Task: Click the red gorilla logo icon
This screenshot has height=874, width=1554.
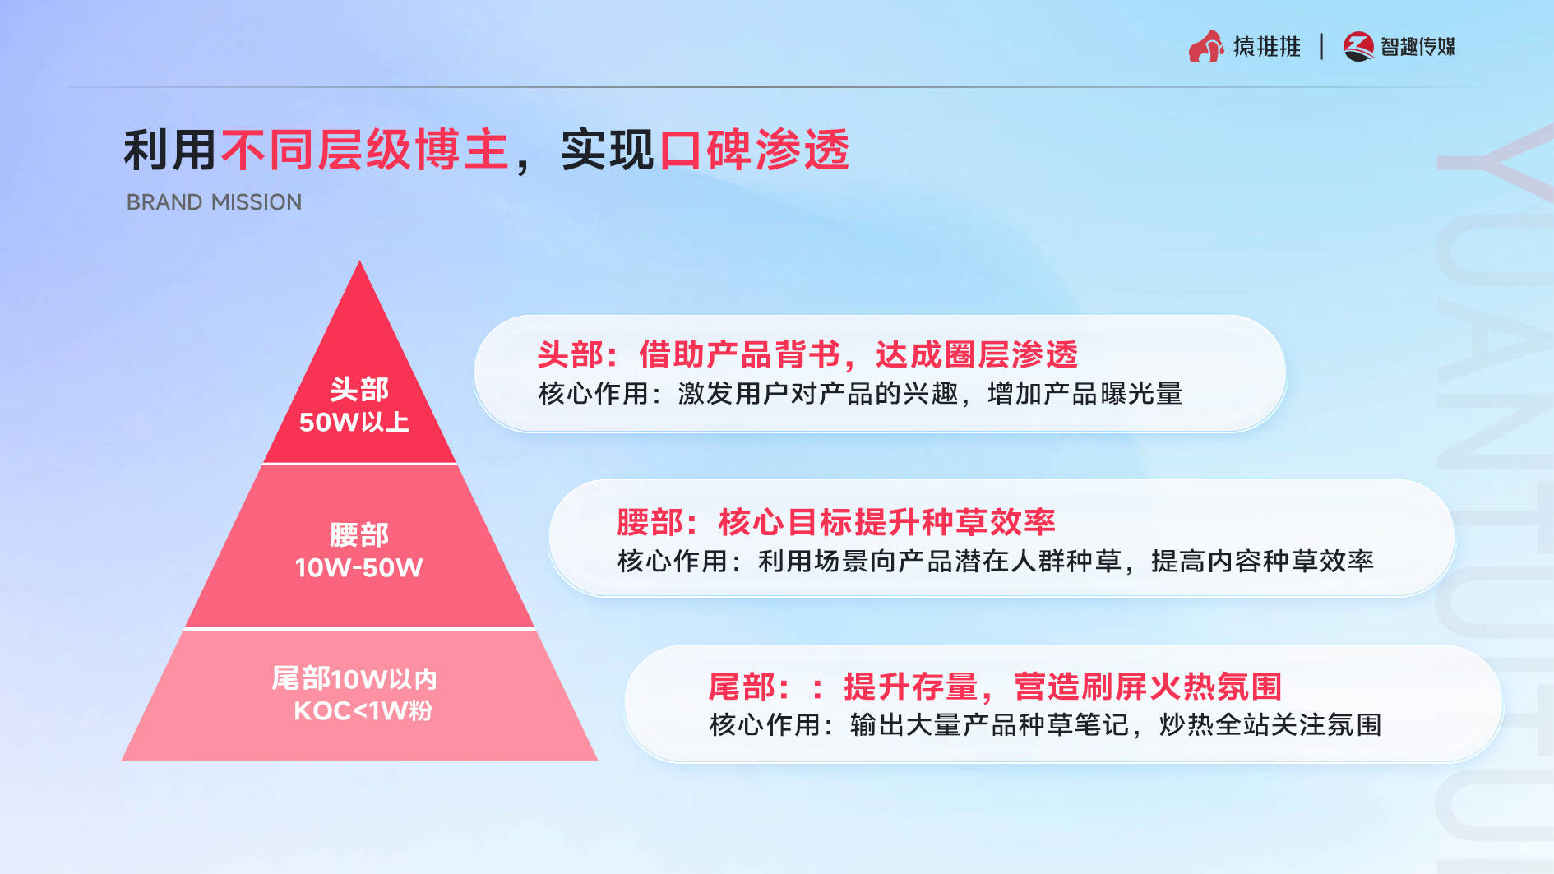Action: [1205, 46]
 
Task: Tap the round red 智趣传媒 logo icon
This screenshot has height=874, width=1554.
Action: [1358, 46]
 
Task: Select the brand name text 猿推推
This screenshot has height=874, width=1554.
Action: [1266, 46]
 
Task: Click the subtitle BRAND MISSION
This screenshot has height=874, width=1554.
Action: [214, 202]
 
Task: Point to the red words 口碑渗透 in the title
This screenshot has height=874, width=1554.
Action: [754, 150]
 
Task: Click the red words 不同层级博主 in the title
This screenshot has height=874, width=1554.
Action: [365, 150]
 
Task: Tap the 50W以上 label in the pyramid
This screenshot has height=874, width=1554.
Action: [354, 422]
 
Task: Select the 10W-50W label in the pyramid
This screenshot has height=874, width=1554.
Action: [358, 567]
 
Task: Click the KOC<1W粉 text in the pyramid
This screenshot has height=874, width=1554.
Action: [363, 710]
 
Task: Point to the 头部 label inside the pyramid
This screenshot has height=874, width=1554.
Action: [359, 389]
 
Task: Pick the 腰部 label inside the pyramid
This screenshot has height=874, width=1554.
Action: [359, 534]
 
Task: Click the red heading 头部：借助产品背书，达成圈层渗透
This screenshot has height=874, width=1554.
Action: [807, 354]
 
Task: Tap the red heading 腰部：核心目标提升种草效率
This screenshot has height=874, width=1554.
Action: [835, 522]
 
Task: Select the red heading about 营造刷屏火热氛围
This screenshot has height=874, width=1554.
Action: [995, 687]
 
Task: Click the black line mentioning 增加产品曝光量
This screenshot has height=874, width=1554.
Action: [860, 394]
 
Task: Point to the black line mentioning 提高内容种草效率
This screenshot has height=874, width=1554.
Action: [996, 561]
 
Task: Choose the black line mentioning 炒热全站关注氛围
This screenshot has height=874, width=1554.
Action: [1045, 724]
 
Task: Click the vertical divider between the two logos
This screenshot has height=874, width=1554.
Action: [1321, 46]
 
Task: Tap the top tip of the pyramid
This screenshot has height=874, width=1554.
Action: [359, 261]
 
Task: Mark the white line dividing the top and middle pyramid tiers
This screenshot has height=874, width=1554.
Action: [359, 464]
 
